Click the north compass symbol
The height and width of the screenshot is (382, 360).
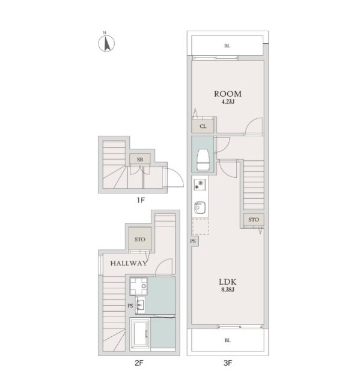pos(106,43)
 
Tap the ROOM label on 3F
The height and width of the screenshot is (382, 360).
pos(228,94)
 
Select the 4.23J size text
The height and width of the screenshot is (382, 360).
pos(228,102)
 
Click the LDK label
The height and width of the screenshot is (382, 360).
pos(228,282)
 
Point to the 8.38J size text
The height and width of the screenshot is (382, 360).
pos(228,290)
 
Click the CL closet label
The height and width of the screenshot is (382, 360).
pos(203,127)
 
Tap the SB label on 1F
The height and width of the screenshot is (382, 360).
pos(140,160)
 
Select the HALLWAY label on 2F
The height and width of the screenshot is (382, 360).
pos(129,263)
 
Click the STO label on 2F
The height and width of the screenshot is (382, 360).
pos(140,240)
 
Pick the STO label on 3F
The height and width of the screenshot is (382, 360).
pos(254,220)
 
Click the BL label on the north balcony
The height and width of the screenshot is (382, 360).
pos(227,46)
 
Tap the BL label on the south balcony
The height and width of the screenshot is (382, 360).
pos(227,341)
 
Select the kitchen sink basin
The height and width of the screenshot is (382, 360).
pos(200,208)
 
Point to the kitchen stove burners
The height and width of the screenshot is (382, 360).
pos(200,184)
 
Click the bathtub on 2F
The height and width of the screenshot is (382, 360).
pos(140,334)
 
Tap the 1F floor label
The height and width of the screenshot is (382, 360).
pos(141,200)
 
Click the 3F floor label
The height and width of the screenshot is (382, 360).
pos(228,363)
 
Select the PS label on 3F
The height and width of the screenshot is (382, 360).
pos(193,241)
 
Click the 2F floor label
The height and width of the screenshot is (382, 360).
pos(139,363)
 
